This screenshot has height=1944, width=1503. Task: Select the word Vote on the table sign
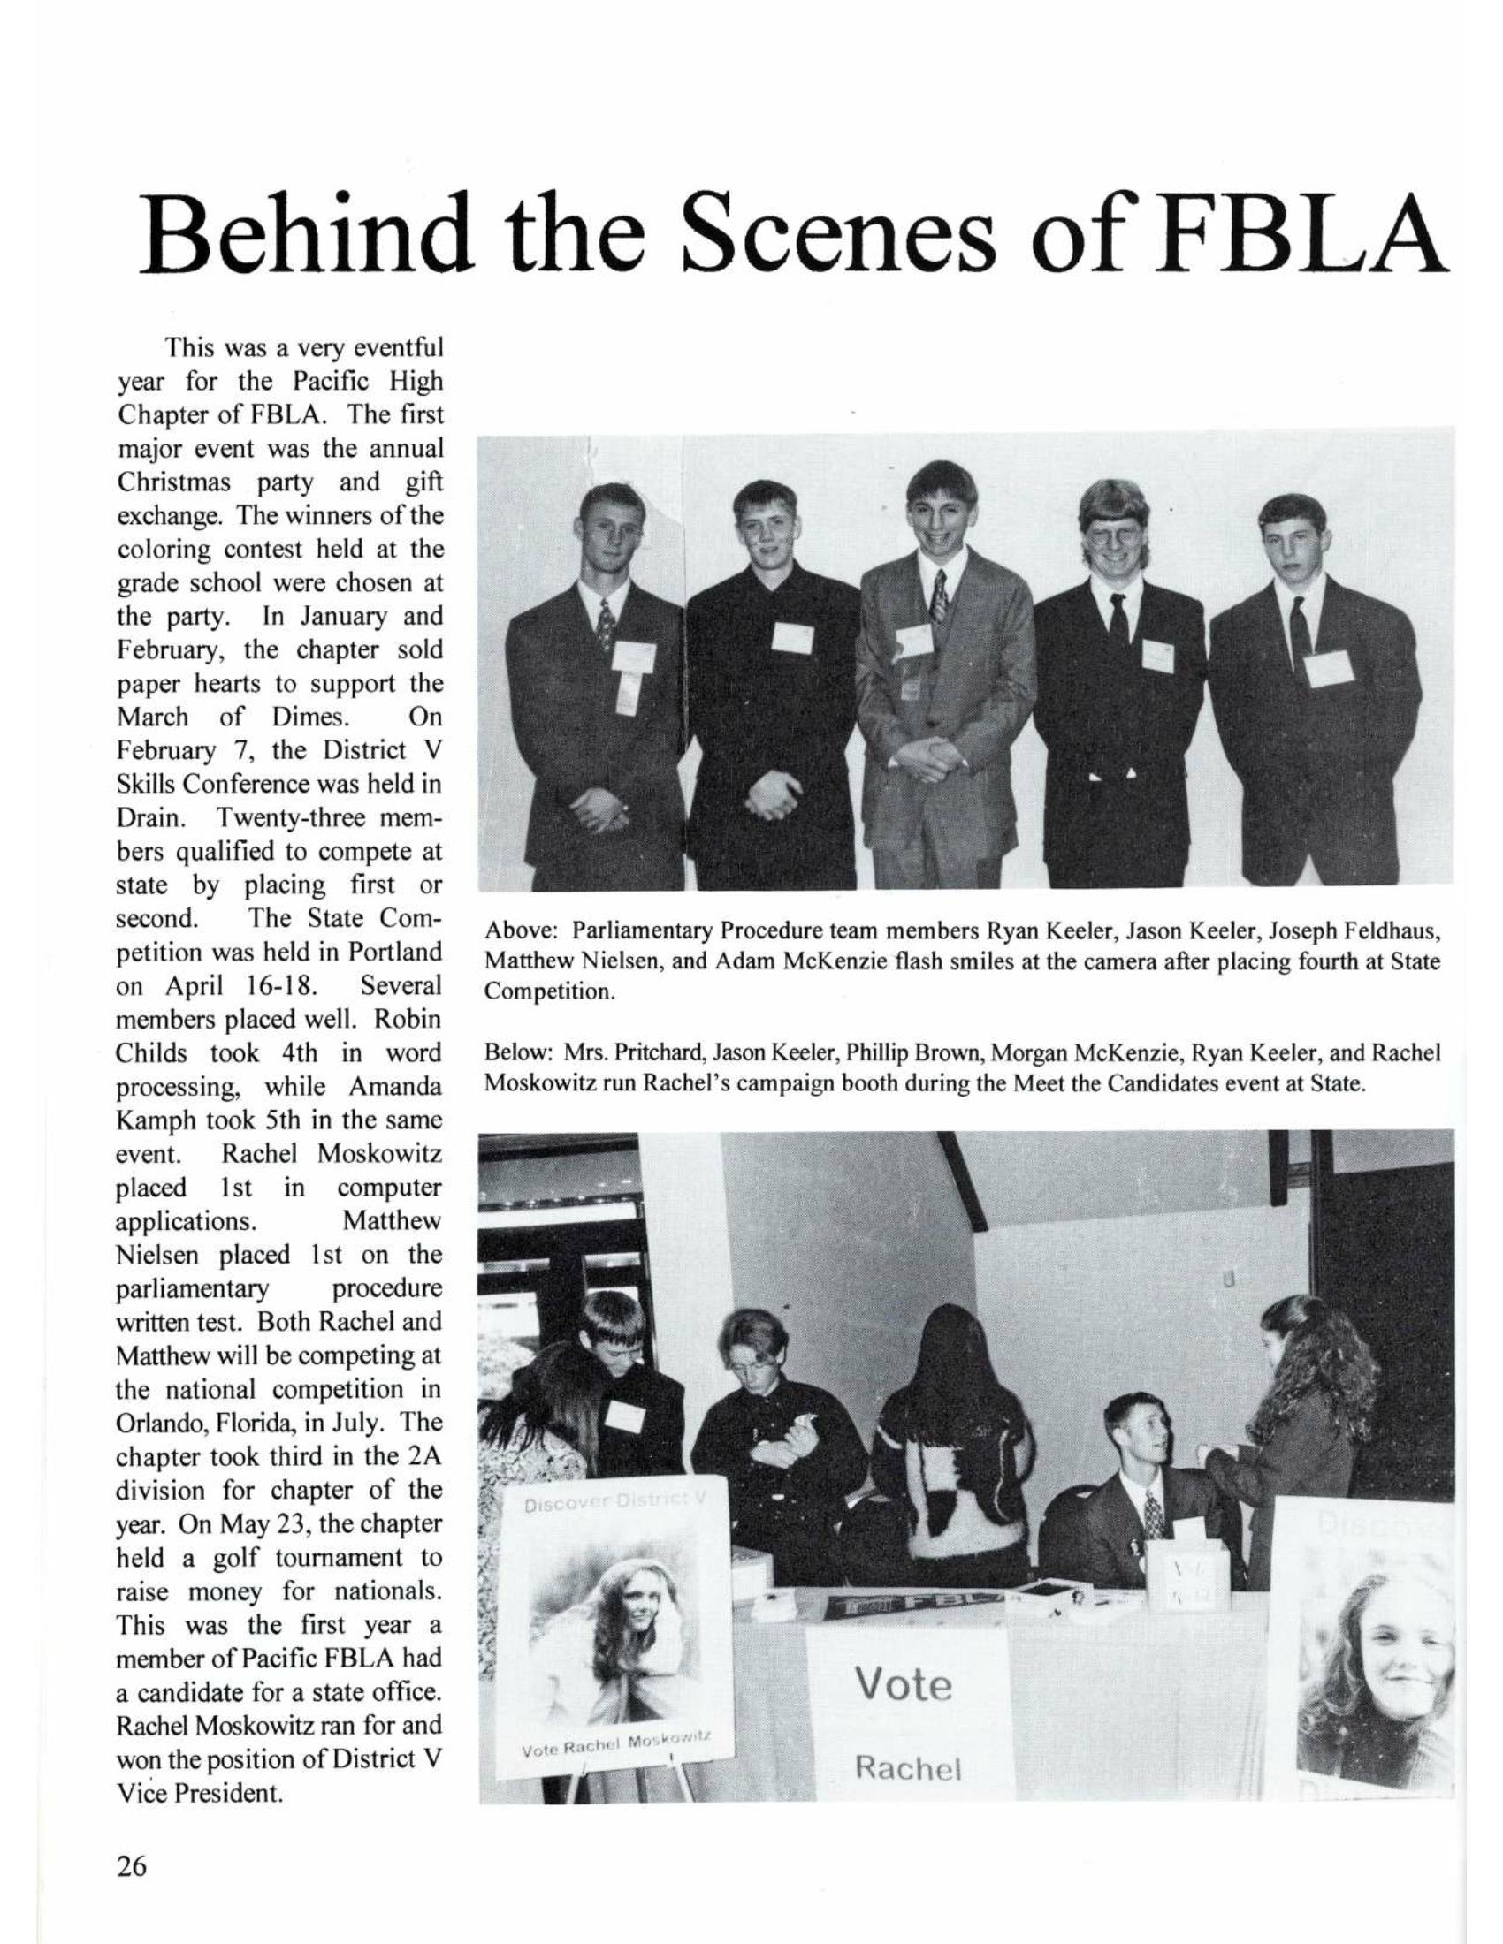[903, 1685]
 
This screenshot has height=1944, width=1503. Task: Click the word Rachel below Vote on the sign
[907, 1769]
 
